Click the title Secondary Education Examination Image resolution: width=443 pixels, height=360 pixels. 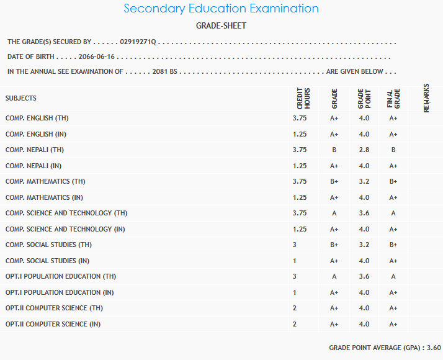[x=221, y=9]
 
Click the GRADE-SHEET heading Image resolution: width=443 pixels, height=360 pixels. [x=221, y=25]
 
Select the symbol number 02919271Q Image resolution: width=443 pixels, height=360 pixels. [x=139, y=42]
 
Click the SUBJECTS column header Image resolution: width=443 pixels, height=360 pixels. [x=21, y=98]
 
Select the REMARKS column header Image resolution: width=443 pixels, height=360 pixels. [x=426, y=98]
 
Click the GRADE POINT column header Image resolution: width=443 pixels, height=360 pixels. [x=364, y=99]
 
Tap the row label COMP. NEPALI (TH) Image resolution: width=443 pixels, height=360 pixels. [x=35, y=150]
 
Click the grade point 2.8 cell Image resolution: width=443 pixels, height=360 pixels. [x=364, y=150]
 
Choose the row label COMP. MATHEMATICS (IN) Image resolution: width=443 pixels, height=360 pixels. [x=44, y=197]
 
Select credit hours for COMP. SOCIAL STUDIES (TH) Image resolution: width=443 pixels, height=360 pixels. [x=295, y=245]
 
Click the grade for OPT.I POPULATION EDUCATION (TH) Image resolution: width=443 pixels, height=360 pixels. [x=334, y=276]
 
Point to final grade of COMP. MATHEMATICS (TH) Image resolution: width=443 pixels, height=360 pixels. [x=393, y=181]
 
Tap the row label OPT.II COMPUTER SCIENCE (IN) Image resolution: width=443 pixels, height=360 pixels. [x=53, y=324]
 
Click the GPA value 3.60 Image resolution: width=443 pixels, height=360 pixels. [x=434, y=348]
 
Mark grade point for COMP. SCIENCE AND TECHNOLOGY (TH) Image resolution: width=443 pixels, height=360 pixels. [x=364, y=213]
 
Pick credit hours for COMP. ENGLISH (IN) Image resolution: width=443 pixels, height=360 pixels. [x=299, y=133]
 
